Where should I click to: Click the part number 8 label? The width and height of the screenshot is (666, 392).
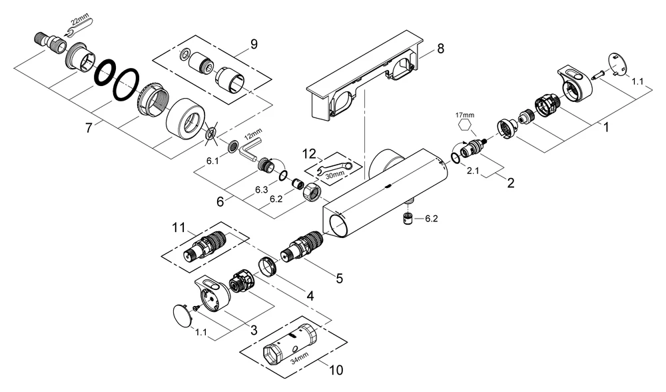[440, 49]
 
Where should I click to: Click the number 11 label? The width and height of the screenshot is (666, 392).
[176, 229]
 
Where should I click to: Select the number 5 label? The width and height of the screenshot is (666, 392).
[340, 279]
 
